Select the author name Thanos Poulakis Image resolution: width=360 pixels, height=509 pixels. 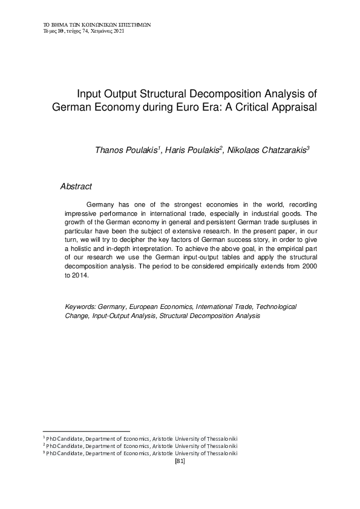[x=125, y=149]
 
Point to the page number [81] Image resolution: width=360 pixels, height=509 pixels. [x=179, y=461]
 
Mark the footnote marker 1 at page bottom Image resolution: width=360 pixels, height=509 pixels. [x=44, y=436]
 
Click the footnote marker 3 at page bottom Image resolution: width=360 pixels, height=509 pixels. [x=44, y=452]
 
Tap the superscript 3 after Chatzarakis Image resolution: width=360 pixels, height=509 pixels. [x=308, y=146]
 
